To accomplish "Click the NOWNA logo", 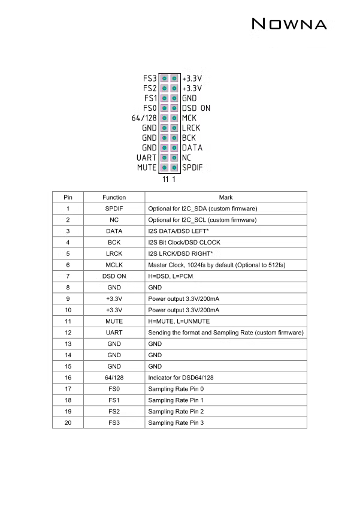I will click(x=289, y=25).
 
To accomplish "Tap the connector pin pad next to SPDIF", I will click(x=174, y=167).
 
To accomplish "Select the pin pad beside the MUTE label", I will click(x=164, y=167).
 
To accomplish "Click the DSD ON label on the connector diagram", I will click(x=196, y=108).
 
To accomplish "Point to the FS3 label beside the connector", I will click(x=150, y=79).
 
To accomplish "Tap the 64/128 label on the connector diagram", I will click(x=144, y=118).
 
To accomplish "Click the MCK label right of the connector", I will click(x=189, y=118).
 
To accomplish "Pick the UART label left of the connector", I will click(x=147, y=158).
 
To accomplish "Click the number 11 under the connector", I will click(x=165, y=179).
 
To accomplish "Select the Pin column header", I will click(x=68, y=197).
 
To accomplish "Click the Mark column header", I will click(x=226, y=197).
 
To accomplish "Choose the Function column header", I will click(x=114, y=197).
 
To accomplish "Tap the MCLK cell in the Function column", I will click(x=114, y=265).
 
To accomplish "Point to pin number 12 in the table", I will click(x=68, y=333).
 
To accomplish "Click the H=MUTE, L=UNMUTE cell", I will click(x=176, y=321).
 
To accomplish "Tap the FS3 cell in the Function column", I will click(x=114, y=423).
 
